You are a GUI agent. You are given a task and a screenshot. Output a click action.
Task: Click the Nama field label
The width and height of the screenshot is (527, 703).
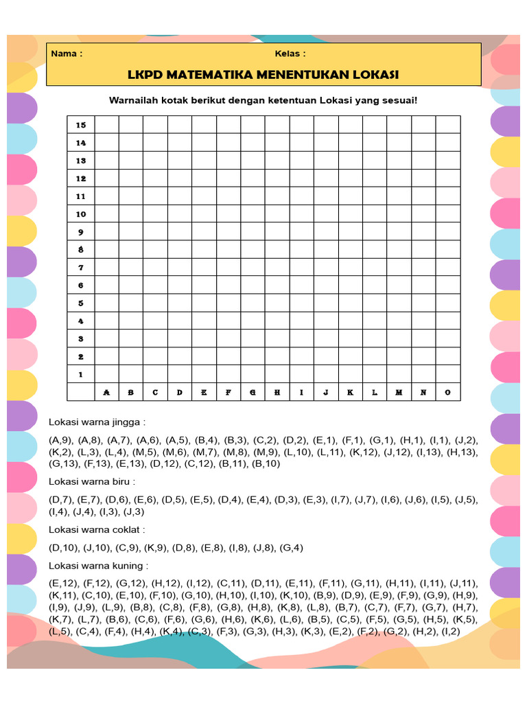coord(67,54)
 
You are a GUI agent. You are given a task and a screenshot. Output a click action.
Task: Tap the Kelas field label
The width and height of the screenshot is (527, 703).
coord(290,54)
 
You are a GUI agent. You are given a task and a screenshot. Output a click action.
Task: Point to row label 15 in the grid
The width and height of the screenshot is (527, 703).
coord(81,125)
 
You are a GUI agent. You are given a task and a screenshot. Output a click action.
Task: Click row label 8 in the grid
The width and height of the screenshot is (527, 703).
coord(81,250)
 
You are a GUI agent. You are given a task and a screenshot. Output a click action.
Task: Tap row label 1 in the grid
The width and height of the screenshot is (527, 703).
coord(81,375)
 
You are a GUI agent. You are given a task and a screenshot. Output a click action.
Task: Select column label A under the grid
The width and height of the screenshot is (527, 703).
coord(106,393)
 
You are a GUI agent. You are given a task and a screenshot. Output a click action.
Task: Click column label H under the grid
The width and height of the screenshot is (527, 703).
coord(277,393)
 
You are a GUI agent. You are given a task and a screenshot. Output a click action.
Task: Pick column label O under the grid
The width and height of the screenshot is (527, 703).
coord(447,393)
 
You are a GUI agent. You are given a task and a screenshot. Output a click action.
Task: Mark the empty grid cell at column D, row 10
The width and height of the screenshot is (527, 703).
coord(180,214)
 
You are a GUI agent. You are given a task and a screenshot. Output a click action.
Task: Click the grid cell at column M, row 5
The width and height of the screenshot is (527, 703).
coord(399,303)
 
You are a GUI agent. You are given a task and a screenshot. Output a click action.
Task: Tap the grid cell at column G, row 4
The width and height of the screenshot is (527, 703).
coord(253,321)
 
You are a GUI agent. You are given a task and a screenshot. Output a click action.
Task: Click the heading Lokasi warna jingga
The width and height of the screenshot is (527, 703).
coord(97,422)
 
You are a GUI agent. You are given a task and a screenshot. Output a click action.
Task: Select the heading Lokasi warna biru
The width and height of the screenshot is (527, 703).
coord(92,482)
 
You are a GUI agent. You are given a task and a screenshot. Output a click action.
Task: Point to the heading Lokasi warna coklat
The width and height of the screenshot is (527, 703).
coord(97,530)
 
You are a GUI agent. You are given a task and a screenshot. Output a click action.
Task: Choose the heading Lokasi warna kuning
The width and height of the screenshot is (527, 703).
coord(98,566)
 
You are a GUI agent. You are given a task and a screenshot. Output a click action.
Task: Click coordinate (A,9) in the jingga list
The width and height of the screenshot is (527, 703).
coord(60,440)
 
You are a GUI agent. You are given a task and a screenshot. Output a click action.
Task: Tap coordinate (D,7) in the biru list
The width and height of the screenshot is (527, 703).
coord(60,500)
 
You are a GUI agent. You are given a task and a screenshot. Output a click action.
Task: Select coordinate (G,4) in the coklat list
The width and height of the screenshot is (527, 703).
coord(290,548)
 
